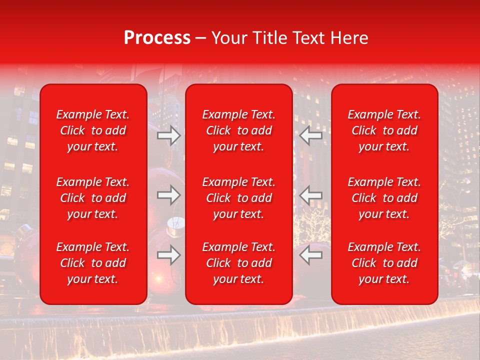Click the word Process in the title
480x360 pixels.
click(157, 38)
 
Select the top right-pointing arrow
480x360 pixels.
click(169, 135)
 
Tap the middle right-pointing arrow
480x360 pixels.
click(169, 195)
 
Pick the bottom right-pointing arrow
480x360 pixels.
click(169, 255)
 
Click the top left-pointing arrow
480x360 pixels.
click(311, 135)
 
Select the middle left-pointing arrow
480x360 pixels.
click(311, 195)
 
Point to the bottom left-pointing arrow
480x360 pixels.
click(311, 255)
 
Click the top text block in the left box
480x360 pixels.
click(93, 130)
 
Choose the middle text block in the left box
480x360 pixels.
click(93, 198)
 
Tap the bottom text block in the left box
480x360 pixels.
click(93, 263)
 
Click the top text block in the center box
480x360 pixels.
click(238, 130)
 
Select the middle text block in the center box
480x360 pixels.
click(238, 198)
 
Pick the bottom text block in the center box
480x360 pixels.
click(238, 263)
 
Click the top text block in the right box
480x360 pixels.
click(384, 130)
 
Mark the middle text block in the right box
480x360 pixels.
click(384, 198)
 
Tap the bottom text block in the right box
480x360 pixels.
click(384, 263)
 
